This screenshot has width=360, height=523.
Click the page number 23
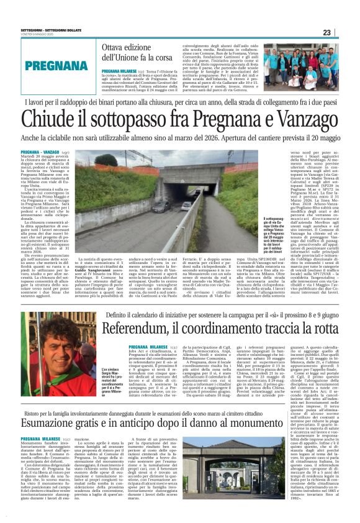pos(346,32)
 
